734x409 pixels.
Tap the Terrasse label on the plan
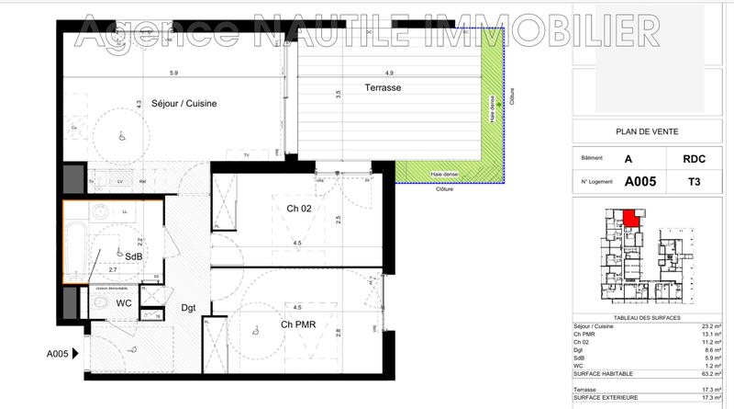click(x=381, y=88)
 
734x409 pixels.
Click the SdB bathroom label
click(x=134, y=256)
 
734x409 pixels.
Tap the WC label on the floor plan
click(x=124, y=303)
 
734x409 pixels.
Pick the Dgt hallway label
click(x=189, y=308)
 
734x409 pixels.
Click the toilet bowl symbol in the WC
click(x=101, y=302)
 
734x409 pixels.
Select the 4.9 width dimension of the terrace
click(x=389, y=73)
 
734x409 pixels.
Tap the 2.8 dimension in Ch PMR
click(x=339, y=333)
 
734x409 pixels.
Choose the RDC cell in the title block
click(x=694, y=158)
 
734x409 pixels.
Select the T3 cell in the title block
click(x=694, y=182)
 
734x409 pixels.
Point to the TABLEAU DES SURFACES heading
click(x=647, y=317)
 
